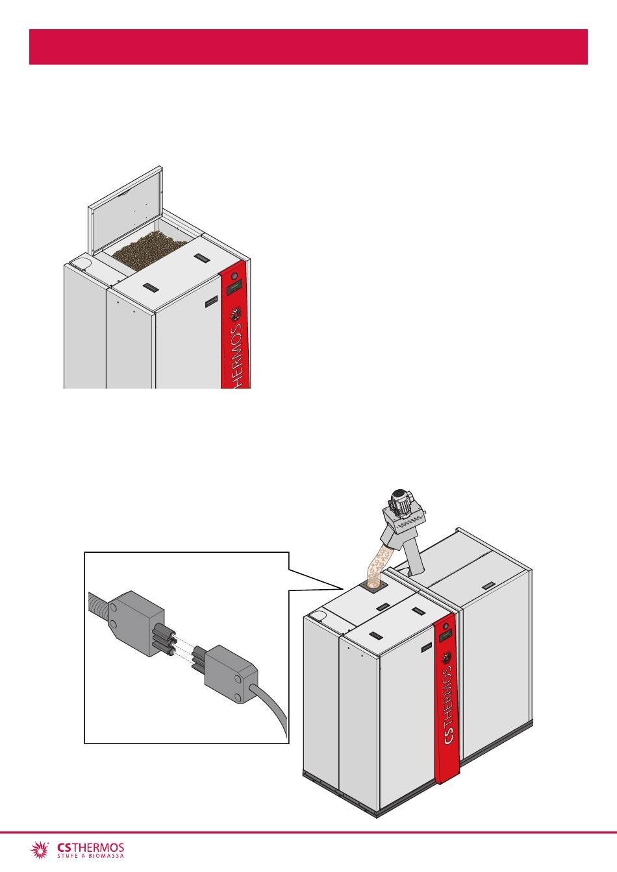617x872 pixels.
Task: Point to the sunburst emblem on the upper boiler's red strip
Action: (x=236, y=315)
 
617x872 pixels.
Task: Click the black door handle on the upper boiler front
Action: (x=212, y=301)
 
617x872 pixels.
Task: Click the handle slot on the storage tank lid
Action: (x=488, y=585)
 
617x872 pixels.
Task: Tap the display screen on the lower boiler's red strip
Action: (x=445, y=636)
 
